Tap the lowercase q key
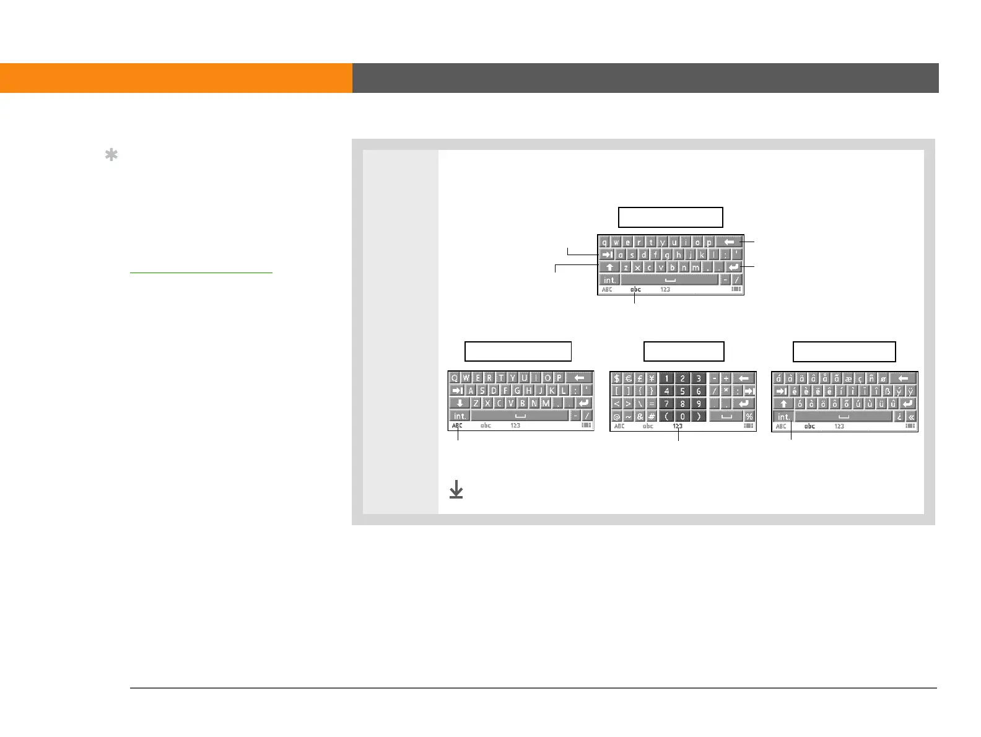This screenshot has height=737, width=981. (x=604, y=242)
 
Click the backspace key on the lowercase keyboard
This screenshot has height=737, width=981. (x=729, y=242)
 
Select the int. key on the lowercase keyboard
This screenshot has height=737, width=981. (x=610, y=280)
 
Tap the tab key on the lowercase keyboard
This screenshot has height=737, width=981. (x=608, y=255)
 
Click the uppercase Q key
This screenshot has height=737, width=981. (x=455, y=378)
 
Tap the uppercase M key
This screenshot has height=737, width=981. (x=546, y=403)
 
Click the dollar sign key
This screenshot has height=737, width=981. (x=617, y=378)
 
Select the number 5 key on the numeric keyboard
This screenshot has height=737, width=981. (x=682, y=391)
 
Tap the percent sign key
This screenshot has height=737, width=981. (x=749, y=416)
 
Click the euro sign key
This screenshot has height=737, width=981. (x=629, y=378)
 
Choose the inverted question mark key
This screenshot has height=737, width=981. (x=899, y=417)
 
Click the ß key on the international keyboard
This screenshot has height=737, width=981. (x=887, y=391)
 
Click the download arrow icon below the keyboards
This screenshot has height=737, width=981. (x=456, y=491)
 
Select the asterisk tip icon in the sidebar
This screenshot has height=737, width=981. (x=111, y=155)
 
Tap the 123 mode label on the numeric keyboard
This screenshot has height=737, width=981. (x=678, y=426)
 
